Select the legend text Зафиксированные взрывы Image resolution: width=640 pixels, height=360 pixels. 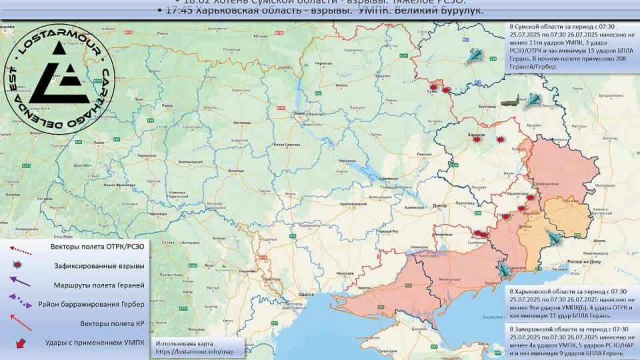(99, 266)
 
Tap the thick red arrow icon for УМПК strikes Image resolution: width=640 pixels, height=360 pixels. (21, 343)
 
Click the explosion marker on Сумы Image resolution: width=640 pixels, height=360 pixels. (433, 87)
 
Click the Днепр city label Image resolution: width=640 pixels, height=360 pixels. (439, 207)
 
